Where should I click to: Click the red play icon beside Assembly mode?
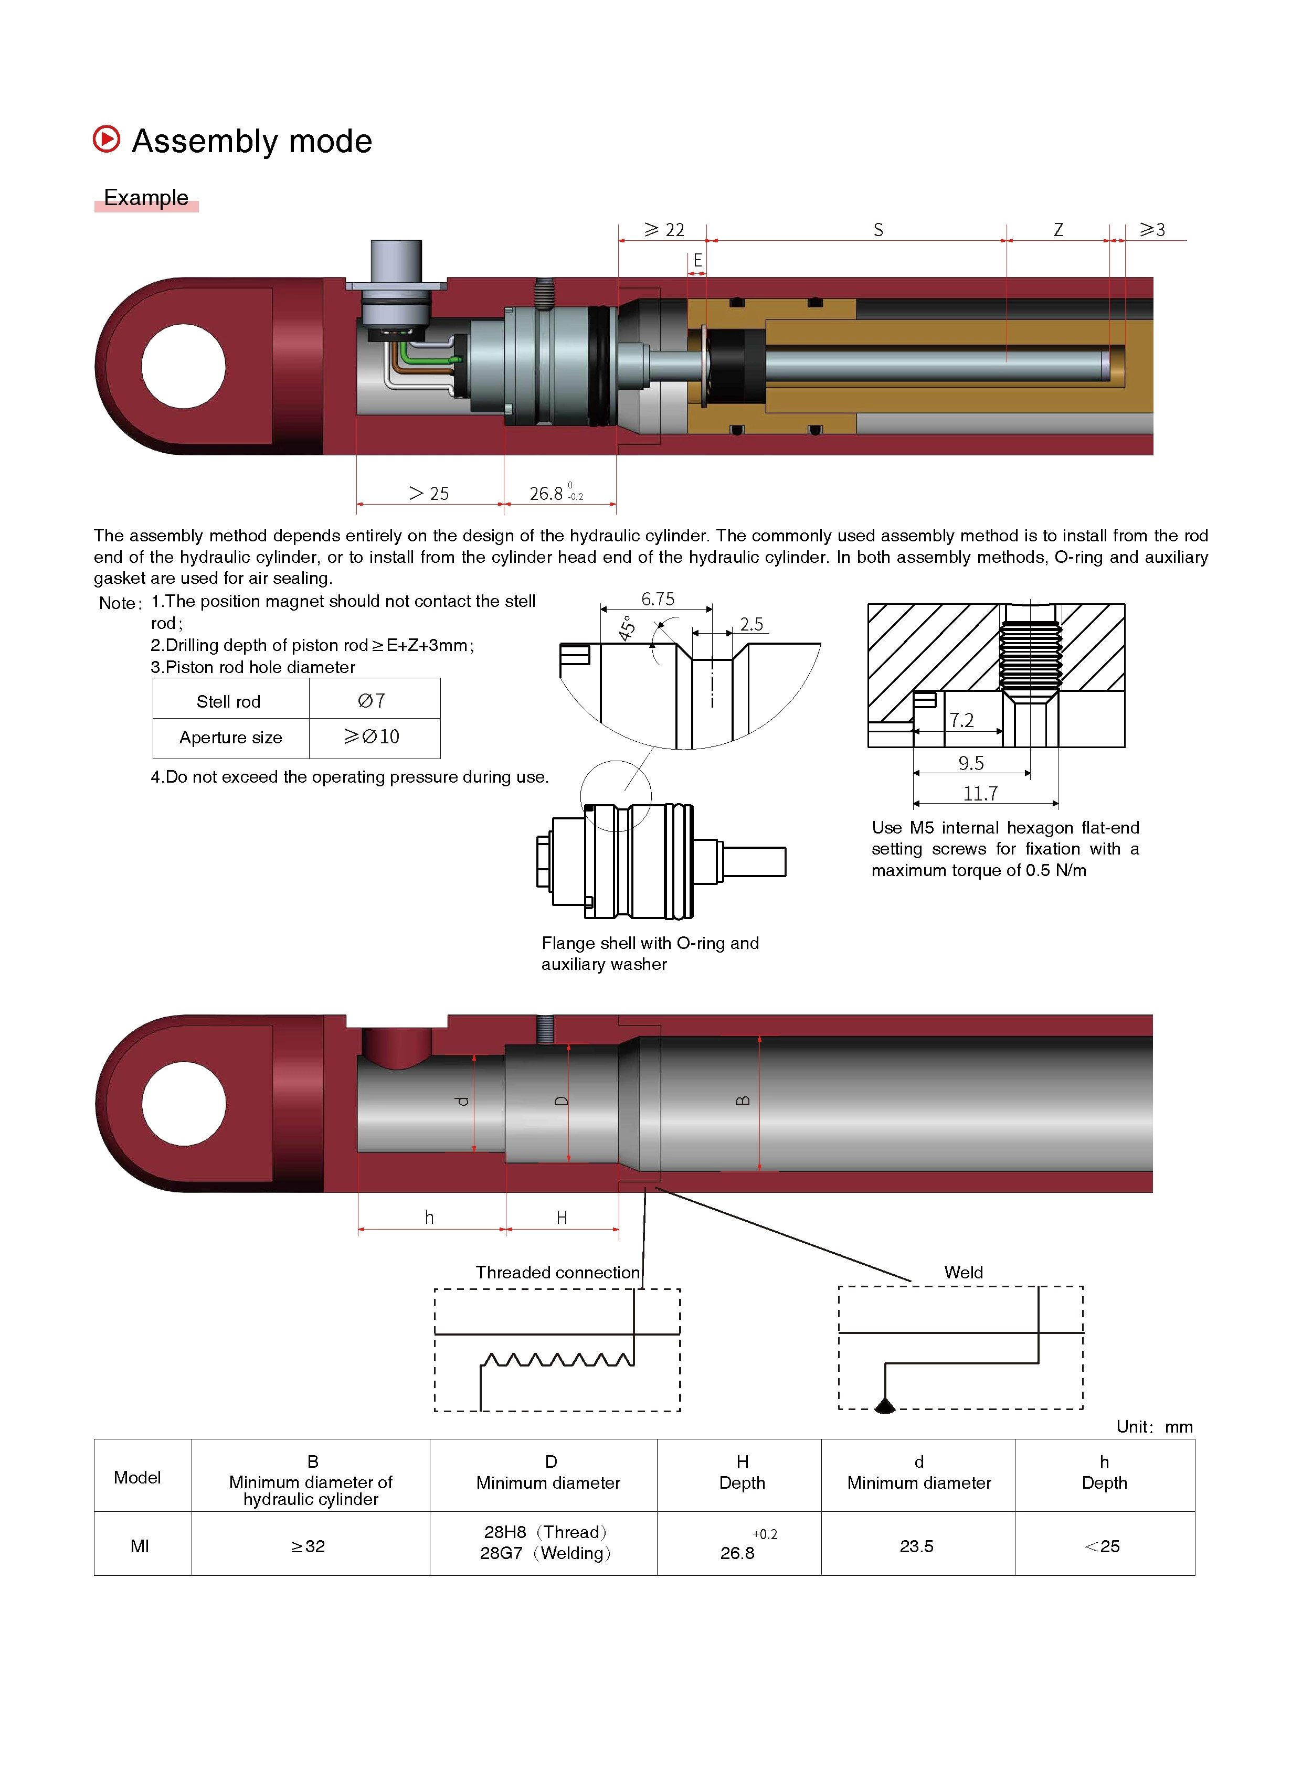click(107, 140)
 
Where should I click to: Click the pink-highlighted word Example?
click(146, 198)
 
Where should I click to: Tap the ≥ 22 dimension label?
click(664, 230)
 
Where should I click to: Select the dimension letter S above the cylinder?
click(878, 230)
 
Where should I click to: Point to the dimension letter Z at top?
click(1058, 230)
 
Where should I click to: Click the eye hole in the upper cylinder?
click(184, 366)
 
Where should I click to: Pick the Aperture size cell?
click(230, 738)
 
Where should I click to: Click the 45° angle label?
click(627, 628)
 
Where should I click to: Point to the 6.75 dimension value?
click(658, 600)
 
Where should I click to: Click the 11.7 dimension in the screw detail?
click(980, 794)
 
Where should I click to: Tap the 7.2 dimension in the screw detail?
click(961, 721)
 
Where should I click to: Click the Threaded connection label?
click(558, 1273)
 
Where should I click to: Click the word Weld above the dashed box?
click(963, 1273)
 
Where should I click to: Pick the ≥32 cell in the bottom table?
click(308, 1546)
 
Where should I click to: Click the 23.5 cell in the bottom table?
click(917, 1546)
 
